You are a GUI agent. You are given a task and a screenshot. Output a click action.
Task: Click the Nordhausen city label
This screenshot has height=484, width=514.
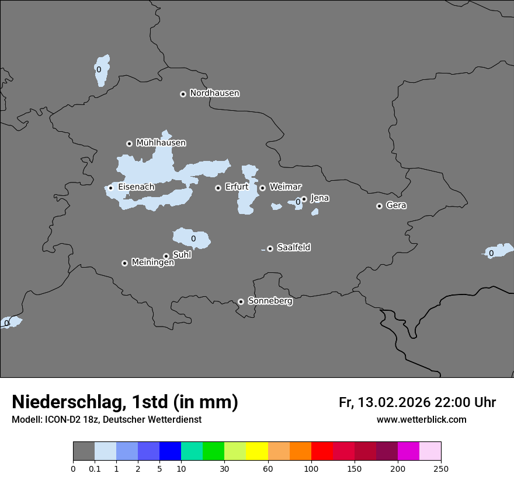214,93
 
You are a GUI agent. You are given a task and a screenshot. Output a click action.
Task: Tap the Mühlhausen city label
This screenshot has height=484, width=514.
161,143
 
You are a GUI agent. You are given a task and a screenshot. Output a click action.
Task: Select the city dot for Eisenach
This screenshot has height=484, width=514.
110,188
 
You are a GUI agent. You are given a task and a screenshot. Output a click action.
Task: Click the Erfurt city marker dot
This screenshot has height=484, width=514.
218,188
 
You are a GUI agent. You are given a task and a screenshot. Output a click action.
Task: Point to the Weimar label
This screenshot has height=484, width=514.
285,187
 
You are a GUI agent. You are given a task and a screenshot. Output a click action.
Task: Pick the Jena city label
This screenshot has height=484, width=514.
319,198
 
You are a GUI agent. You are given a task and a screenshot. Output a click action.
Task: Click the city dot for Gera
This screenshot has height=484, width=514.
379,206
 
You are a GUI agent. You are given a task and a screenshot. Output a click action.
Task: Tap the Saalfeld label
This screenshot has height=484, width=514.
293,248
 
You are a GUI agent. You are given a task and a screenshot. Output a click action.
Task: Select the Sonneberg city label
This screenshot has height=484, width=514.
270,301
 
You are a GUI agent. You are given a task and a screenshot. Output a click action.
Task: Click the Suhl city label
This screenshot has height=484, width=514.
182,255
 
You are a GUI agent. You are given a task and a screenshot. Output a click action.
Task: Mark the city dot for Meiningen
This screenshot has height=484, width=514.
124,263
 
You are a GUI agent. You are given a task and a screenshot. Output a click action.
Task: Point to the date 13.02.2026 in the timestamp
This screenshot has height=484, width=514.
394,402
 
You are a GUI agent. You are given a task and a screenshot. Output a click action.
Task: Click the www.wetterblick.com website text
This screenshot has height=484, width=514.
421,420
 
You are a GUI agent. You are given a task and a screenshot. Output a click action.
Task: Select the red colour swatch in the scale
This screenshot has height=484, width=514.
322,451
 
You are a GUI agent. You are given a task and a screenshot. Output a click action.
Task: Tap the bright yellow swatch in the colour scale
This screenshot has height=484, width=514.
257,451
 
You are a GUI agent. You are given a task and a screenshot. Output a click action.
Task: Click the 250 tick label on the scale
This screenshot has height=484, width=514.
441,468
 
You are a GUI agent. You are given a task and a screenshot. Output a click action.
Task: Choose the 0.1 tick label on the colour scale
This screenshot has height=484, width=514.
95,468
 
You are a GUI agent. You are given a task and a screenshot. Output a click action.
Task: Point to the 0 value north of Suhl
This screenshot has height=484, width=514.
193,239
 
